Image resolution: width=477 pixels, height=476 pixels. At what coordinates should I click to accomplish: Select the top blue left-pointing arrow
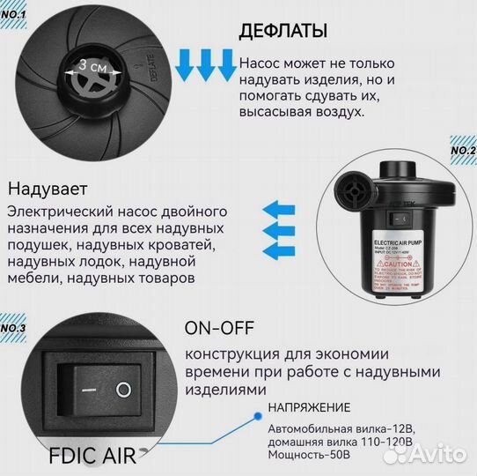(x=279, y=210)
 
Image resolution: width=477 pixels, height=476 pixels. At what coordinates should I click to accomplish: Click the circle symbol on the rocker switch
(x=124, y=388)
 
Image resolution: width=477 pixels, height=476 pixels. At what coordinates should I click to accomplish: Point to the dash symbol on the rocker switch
(x=87, y=389)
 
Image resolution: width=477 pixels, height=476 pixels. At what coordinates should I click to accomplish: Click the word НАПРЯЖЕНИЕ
(x=309, y=407)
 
